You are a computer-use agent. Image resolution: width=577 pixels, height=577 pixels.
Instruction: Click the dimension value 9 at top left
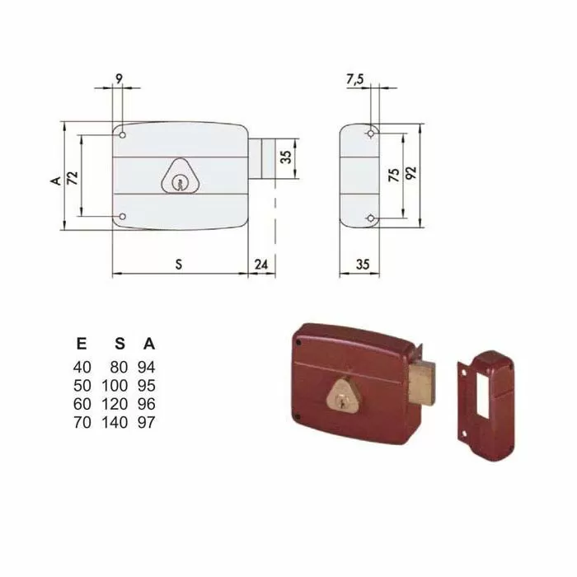(x=120, y=79)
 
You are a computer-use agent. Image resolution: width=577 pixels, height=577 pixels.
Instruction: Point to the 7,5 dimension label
(x=355, y=79)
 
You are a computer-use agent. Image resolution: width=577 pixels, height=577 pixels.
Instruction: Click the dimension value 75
(x=394, y=175)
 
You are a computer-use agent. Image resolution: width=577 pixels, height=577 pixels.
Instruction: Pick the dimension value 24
(x=261, y=264)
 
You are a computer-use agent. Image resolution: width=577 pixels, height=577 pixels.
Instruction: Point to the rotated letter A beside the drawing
(x=54, y=179)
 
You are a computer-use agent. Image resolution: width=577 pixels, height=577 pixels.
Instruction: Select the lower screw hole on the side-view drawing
(x=372, y=218)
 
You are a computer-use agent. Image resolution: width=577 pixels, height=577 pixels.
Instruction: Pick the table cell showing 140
(x=118, y=423)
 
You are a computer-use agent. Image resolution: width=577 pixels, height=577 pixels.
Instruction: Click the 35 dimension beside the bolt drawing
(x=286, y=157)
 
